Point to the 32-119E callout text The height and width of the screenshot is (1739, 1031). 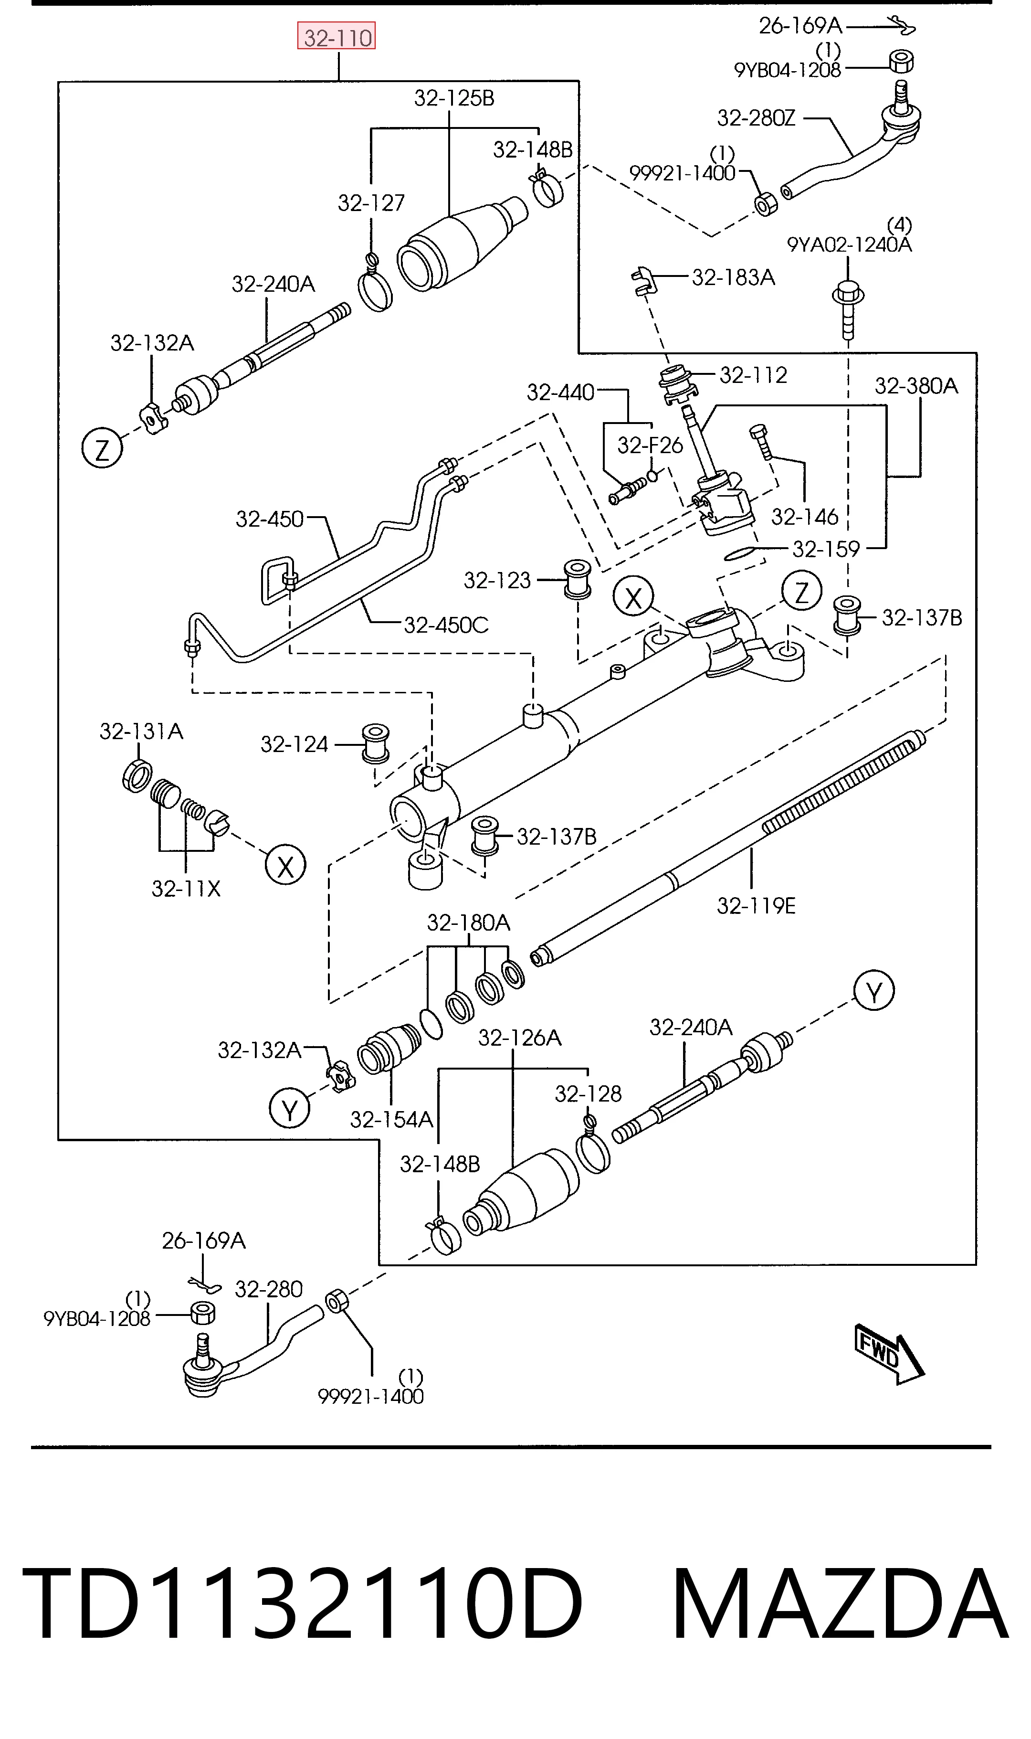(x=757, y=906)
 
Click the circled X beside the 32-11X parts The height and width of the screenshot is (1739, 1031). (x=285, y=865)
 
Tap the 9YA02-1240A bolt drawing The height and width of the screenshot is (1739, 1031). (x=848, y=309)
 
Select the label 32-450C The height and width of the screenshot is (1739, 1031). (x=446, y=626)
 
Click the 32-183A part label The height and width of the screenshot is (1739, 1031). (x=734, y=278)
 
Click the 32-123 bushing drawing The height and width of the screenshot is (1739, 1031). (x=577, y=578)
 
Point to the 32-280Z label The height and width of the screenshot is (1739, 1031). (x=756, y=118)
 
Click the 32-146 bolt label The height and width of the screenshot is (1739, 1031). (x=804, y=517)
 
